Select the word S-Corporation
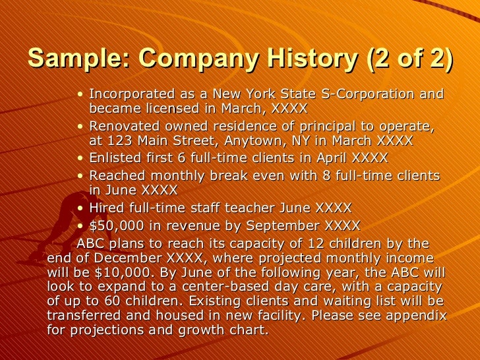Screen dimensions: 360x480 375,94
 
